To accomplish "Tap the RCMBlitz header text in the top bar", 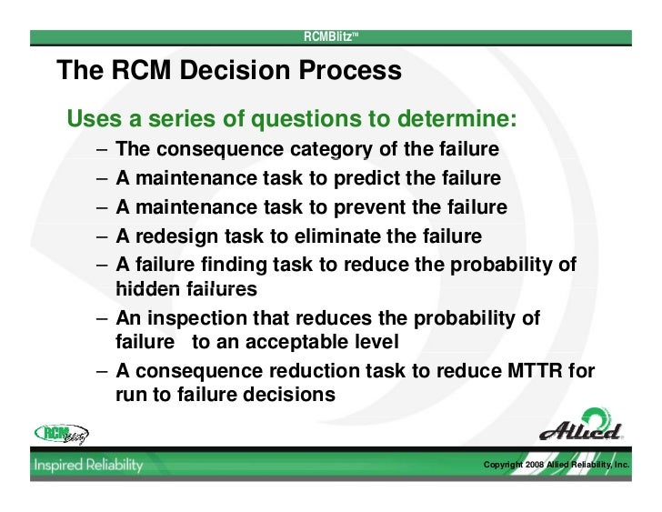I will [x=330, y=36].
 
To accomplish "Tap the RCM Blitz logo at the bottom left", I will [x=67, y=434].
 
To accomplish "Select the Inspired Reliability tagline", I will [x=89, y=465].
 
